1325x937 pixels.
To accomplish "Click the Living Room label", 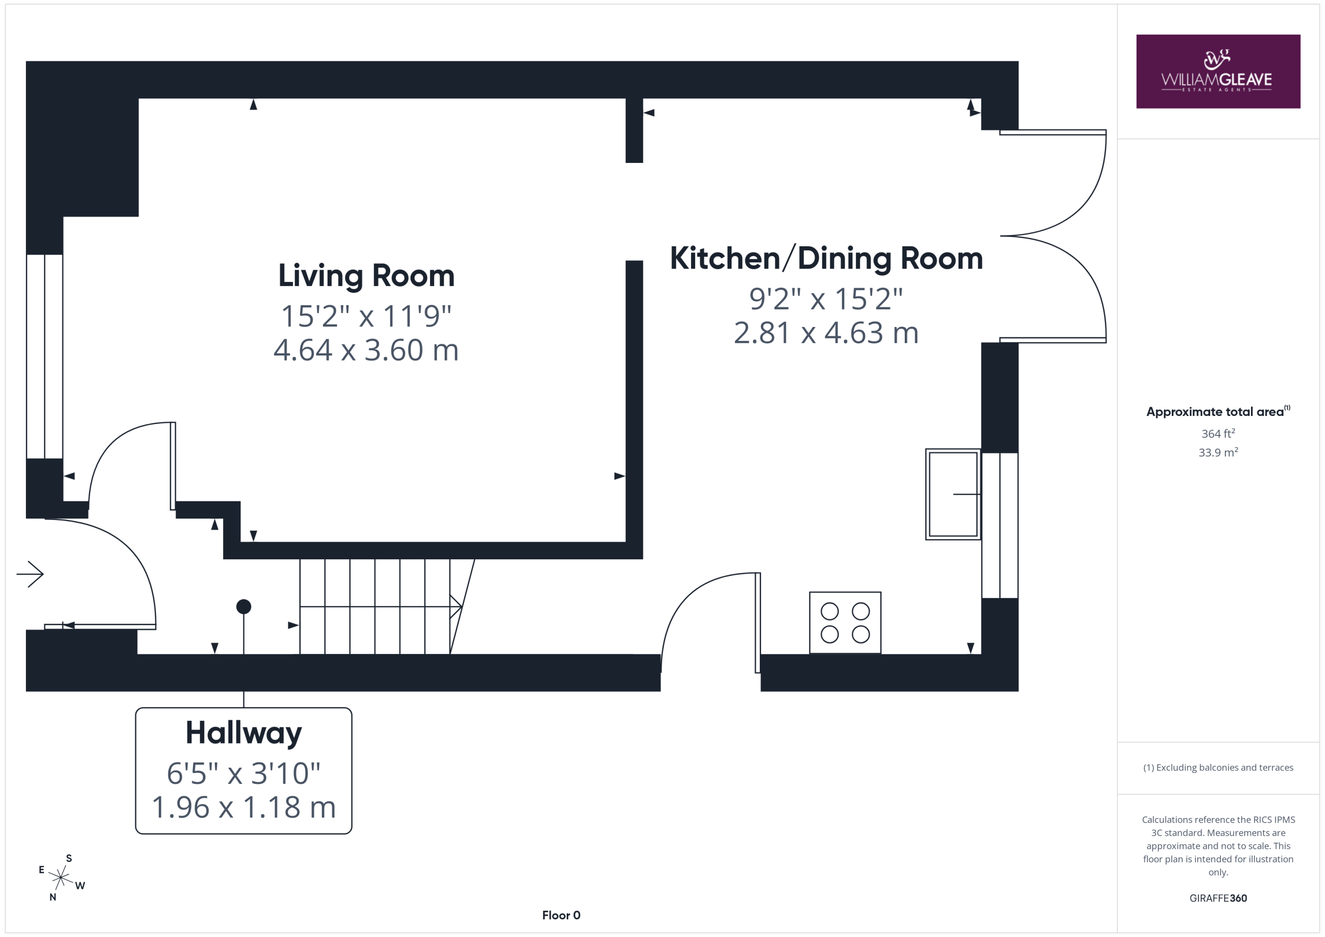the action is pos(366,276).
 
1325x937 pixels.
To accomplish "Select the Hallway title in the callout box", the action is pos(244,733).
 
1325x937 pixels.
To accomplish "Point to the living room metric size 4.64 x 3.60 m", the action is pos(366,350).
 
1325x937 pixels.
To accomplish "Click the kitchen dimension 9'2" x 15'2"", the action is pos(826,299).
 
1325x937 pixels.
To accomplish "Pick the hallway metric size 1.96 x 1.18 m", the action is pos(244,807).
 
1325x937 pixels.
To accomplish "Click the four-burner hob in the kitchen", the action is pos(845,622).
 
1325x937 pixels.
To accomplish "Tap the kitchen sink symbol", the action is pos(953,495).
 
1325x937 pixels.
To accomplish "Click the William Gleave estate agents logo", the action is pos(1218,71).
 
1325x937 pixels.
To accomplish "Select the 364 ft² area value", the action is pos(1218,433).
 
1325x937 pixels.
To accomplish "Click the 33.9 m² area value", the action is pos(1218,452).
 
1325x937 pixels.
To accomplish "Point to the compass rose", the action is pos(61,877).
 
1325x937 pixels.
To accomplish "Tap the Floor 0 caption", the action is pos(561,915).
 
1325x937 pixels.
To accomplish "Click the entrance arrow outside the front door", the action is pos(30,574).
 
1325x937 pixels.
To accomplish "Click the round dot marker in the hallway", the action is pos(244,606).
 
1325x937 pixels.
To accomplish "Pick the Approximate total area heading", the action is pos(1215,412).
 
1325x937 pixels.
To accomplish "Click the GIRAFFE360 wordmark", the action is pos(1218,898).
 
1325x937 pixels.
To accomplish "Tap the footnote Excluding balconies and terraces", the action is pos(1218,767).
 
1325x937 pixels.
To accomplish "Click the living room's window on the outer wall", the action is pos(45,356).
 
